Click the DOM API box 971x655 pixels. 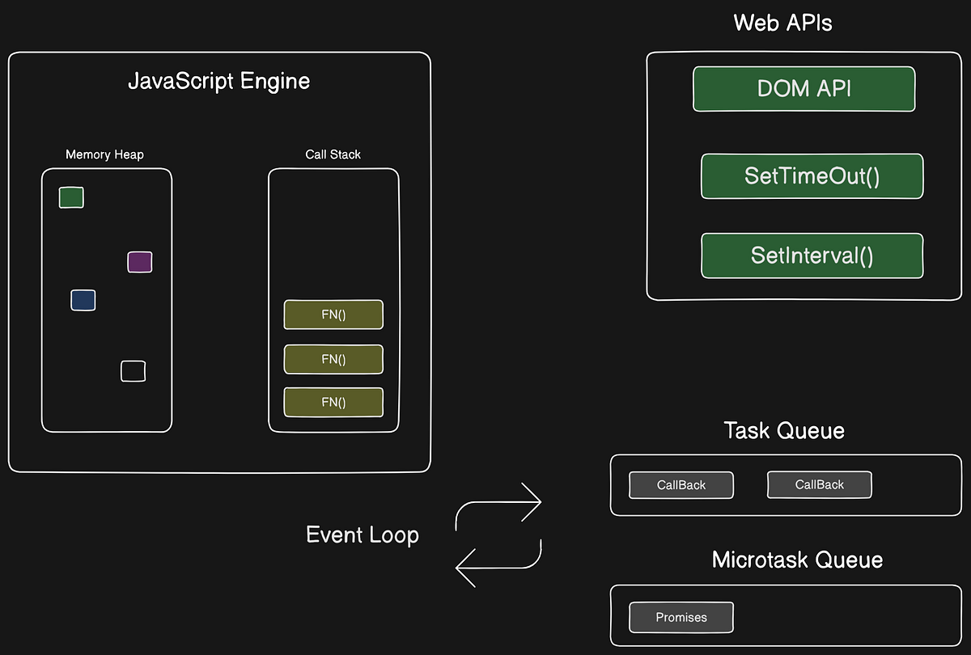804,89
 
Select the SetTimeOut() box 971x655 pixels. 812,176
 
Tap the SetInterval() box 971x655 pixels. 812,256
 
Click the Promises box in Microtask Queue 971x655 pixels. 681,617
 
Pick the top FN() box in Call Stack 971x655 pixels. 333,315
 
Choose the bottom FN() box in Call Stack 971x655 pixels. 333,402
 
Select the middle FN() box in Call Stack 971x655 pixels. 333,359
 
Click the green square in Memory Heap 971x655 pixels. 71,197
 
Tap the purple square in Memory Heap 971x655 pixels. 139,262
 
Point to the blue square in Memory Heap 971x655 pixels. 83,300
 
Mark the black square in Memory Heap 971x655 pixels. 133,371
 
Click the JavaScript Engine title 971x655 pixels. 218,82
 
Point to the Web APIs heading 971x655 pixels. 782,23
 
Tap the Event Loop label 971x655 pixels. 362,535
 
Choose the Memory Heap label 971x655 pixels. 104,154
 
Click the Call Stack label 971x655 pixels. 333,154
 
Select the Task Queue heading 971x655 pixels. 783,430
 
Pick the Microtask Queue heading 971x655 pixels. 797,560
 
